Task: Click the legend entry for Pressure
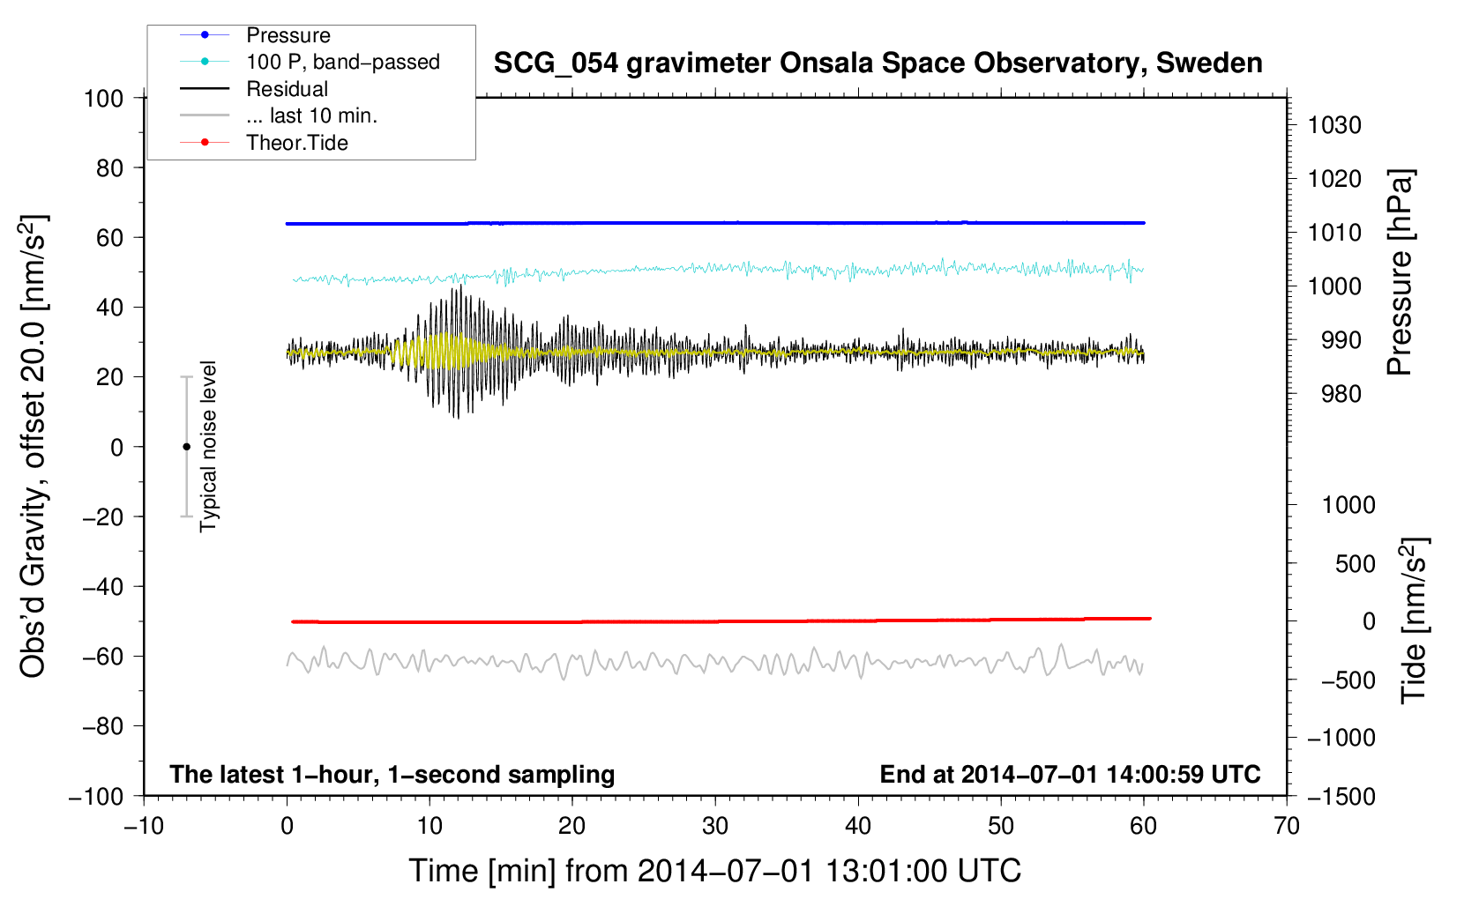click(288, 35)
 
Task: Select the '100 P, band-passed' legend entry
click(342, 63)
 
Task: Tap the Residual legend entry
click(287, 89)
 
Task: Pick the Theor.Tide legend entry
click(296, 143)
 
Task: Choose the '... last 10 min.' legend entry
click(311, 115)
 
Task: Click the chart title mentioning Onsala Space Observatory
click(878, 63)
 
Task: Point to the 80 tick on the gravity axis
click(109, 167)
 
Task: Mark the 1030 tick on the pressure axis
click(1334, 125)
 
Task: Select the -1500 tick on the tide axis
click(1341, 797)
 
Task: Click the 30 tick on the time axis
click(715, 827)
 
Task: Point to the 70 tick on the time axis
click(1287, 827)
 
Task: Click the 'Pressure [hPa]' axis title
click(1401, 273)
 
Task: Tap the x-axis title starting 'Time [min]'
click(714, 871)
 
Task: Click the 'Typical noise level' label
click(208, 446)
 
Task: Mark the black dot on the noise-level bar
click(186, 447)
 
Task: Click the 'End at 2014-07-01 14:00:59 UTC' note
click(1070, 775)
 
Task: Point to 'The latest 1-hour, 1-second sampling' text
click(392, 775)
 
